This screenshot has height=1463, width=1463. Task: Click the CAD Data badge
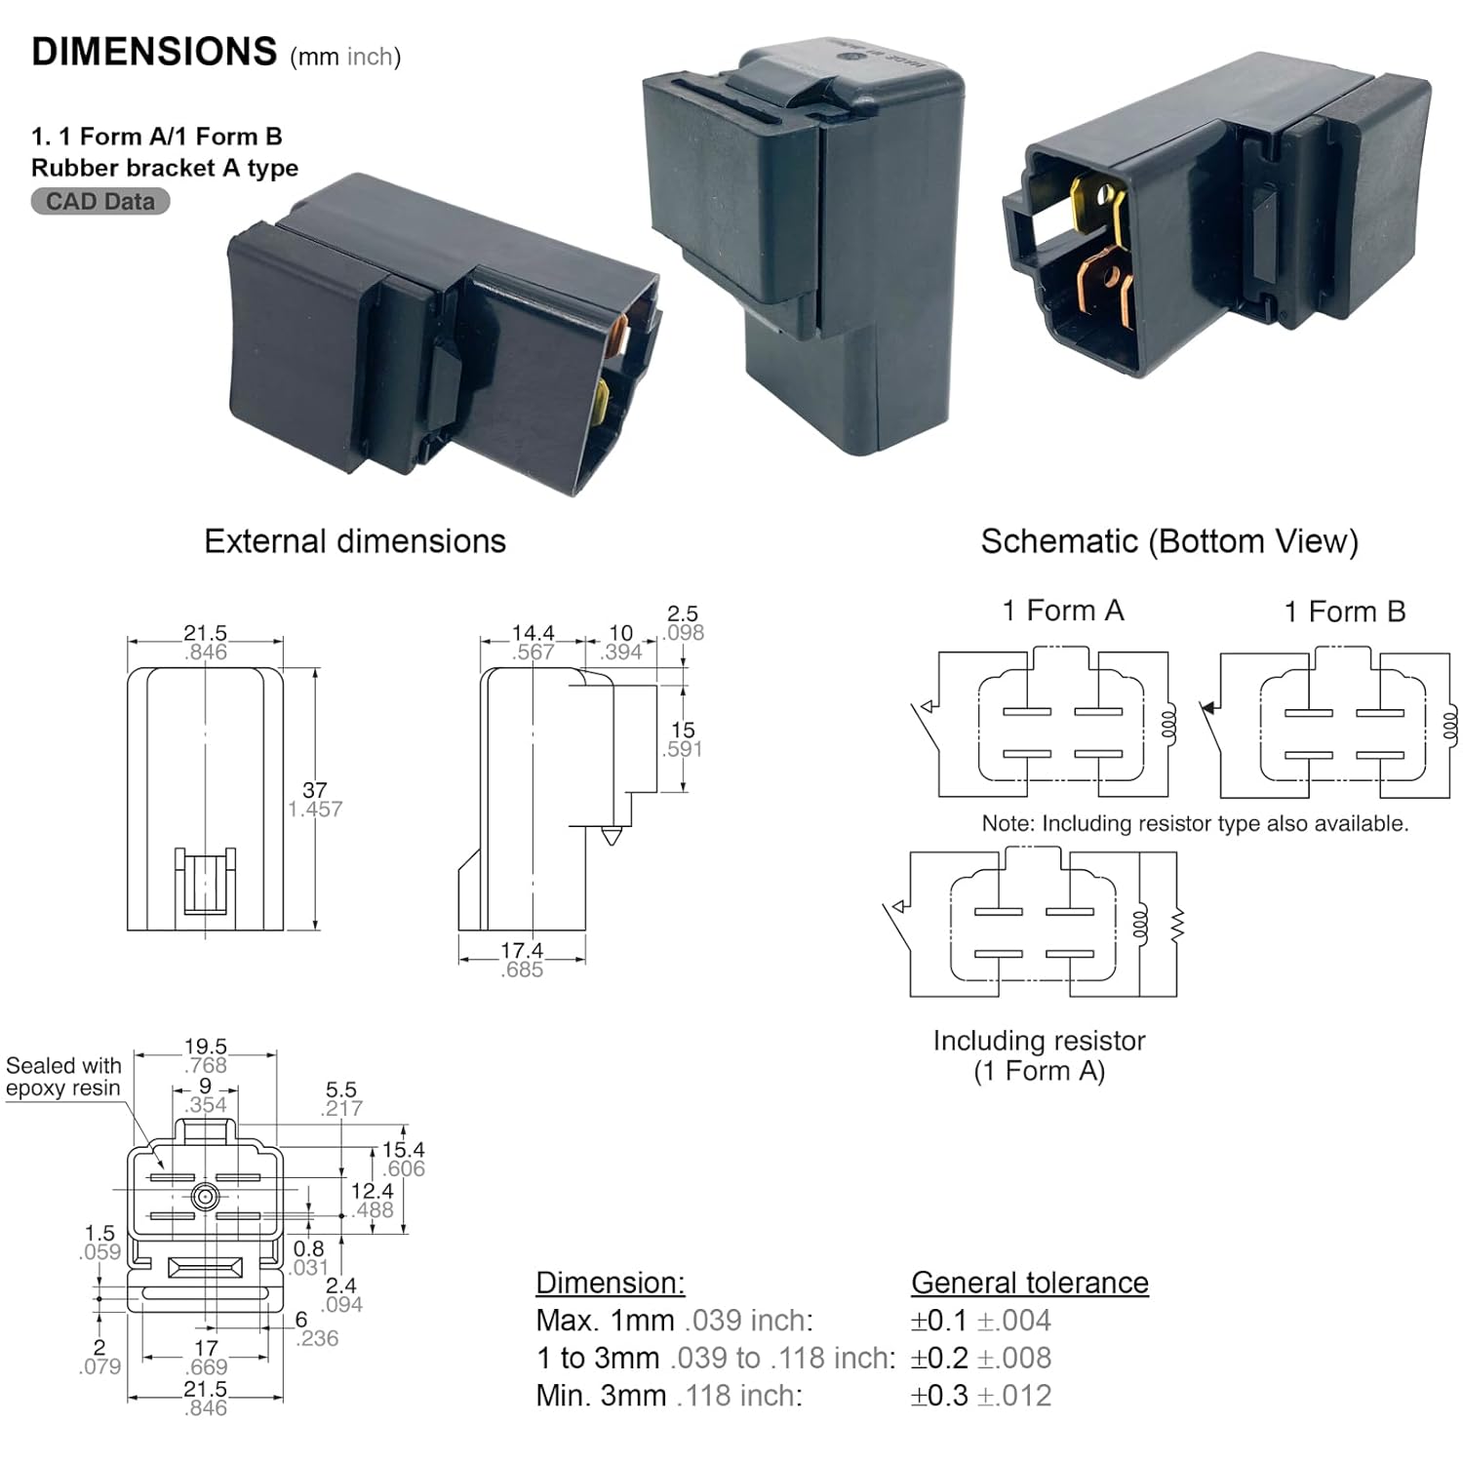tap(100, 202)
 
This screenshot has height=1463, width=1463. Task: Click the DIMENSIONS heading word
tap(154, 52)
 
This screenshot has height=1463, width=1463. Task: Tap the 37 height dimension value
tap(315, 790)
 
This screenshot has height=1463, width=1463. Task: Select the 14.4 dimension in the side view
tap(533, 633)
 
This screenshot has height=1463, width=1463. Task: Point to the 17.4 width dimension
tap(522, 950)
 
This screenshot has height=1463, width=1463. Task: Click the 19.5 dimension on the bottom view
tap(205, 1047)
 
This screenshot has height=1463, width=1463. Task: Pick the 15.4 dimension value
tap(403, 1150)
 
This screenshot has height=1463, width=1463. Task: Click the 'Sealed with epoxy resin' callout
tap(63, 1077)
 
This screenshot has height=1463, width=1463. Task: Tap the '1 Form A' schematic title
tap(1063, 611)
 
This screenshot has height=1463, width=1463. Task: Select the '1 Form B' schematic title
tap(1345, 612)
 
